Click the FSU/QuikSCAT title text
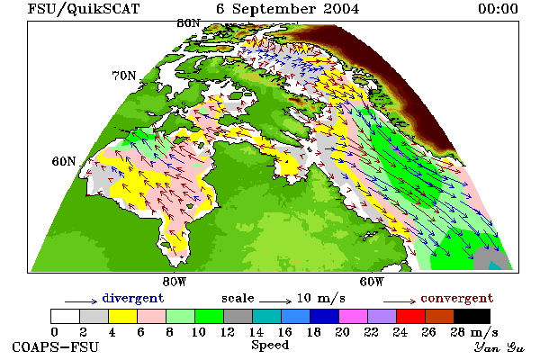pyautogui.click(x=84, y=9)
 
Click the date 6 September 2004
pyautogui.click(x=288, y=9)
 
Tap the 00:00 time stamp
pyautogui.click(x=498, y=9)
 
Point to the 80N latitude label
pyautogui.click(x=188, y=23)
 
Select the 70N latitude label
pyautogui.click(x=124, y=76)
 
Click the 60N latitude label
pyautogui.click(x=64, y=161)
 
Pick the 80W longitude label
pyautogui.click(x=175, y=282)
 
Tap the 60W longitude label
pyautogui.click(x=371, y=282)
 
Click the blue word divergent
pyautogui.click(x=133, y=298)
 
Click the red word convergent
pyautogui.click(x=457, y=298)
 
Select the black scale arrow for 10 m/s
pyautogui.click(x=275, y=301)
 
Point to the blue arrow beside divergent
pyautogui.click(x=81, y=301)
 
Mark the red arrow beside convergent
pyautogui.click(x=400, y=301)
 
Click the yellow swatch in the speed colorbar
pyautogui.click(x=122, y=316)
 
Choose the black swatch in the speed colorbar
pyautogui.click(x=472, y=316)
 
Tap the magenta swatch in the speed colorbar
pyautogui.click(x=354, y=316)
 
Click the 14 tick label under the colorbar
pyautogui.click(x=256, y=332)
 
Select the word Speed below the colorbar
pyautogui.click(x=270, y=346)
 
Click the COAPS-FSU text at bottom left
pyautogui.click(x=56, y=346)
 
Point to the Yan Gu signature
pyautogui.click(x=499, y=347)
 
